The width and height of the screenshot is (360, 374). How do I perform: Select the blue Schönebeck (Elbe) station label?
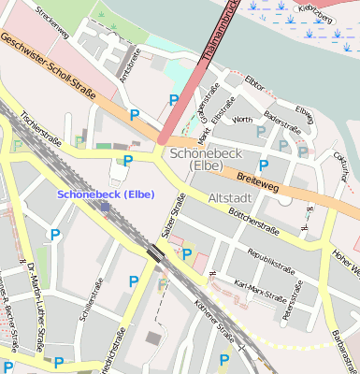coord(106,194)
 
